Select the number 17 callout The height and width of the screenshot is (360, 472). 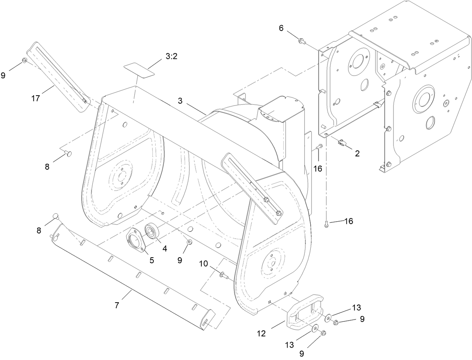pos(35,99)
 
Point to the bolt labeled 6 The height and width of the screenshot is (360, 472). pos(301,40)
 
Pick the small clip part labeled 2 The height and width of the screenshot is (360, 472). pos(342,142)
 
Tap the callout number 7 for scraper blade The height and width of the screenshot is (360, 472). pos(117,306)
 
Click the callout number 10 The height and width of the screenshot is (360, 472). pos(203,264)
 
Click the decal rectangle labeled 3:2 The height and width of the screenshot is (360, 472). pos(139,71)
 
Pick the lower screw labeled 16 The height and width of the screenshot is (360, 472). pos(326,224)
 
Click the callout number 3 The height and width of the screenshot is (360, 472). pos(180,100)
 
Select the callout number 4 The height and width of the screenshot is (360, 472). pos(164,248)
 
